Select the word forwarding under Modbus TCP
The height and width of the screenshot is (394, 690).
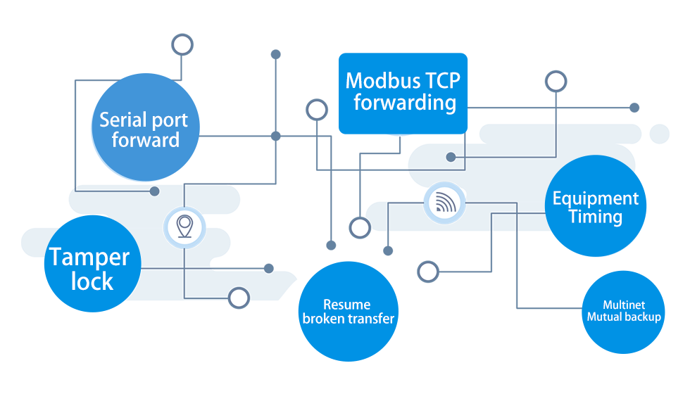point(404,103)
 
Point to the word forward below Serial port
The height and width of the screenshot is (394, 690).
point(146,139)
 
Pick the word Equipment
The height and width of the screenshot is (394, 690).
point(596,199)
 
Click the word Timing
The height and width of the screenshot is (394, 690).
point(596,217)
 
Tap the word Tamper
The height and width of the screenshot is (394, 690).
point(89,258)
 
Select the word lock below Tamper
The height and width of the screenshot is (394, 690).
point(92,281)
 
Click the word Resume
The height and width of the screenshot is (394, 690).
point(346,305)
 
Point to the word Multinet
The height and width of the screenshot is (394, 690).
point(624,305)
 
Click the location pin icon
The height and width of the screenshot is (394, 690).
point(184,227)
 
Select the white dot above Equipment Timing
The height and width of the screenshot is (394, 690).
point(556,82)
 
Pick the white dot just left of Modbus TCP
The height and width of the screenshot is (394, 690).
point(317,110)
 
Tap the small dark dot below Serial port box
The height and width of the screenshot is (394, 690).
point(155,191)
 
